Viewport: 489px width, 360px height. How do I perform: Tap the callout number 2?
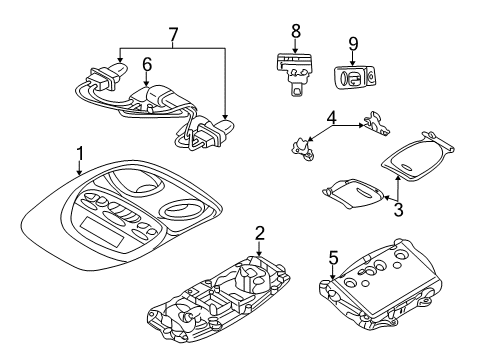tap(261, 234)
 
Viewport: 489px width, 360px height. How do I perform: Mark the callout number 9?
tap(352, 45)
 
